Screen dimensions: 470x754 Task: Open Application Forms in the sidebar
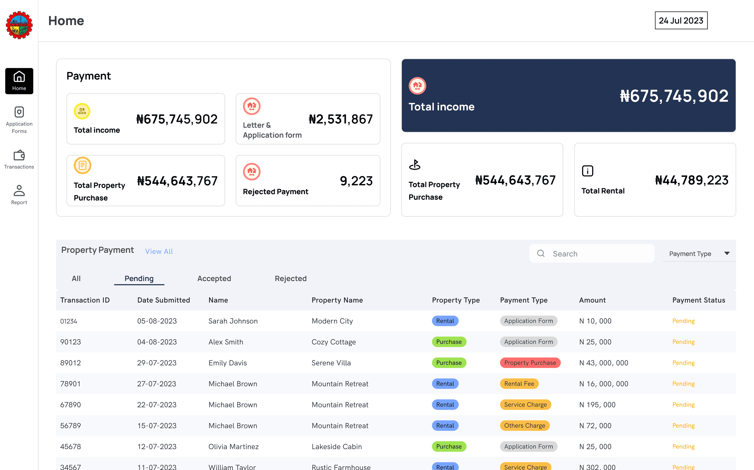click(x=19, y=120)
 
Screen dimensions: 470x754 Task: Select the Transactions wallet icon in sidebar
click(x=19, y=155)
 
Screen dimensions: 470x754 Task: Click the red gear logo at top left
click(x=19, y=25)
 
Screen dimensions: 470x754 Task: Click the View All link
click(x=159, y=251)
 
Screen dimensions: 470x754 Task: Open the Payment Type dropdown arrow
click(x=727, y=253)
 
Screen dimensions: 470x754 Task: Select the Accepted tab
click(x=214, y=279)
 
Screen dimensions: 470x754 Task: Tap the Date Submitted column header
click(x=164, y=300)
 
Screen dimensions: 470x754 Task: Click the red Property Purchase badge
click(x=530, y=363)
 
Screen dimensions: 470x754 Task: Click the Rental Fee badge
click(x=519, y=384)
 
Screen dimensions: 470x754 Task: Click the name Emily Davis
click(x=228, y=363)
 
